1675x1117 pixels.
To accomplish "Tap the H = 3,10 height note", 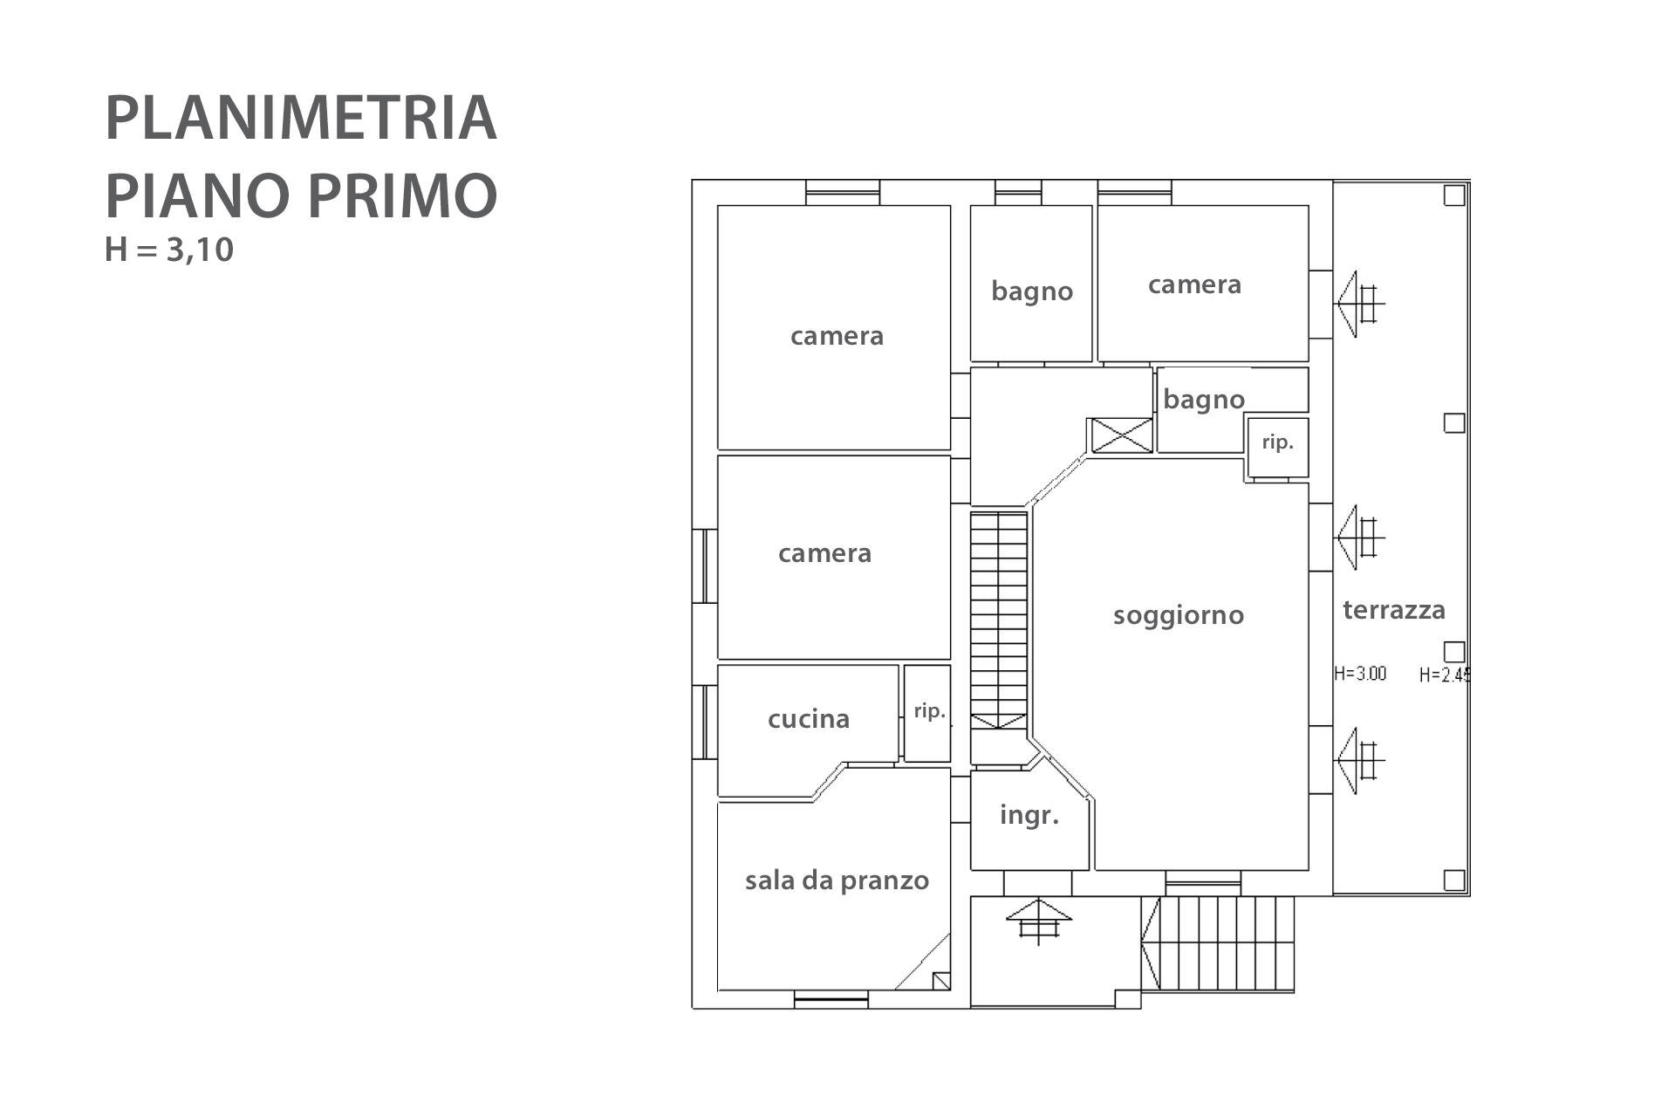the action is point(169,250).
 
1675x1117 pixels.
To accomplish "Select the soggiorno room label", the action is point(1179,616).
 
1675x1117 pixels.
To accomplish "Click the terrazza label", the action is point(1394,609).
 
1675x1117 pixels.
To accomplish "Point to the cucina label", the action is point(809,719).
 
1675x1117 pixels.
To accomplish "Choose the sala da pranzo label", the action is point(837,881).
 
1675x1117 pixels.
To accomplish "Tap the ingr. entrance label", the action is point(1029,816).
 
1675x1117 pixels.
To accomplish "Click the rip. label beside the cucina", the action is point(930,711).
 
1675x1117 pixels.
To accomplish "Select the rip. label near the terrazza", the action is point(1278,442).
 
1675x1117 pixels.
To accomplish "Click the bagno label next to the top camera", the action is point(1032,291).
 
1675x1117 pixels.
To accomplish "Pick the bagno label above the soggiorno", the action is point(1204,400).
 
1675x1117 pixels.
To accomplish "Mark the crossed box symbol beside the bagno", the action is point(1122,435).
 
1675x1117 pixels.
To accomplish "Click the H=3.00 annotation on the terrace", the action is point(1360,674).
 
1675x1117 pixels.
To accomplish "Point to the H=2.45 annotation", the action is point(1445,675).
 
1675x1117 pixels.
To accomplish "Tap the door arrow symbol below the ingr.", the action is point(1038,922).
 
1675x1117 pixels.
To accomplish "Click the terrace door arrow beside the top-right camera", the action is point(1359,304).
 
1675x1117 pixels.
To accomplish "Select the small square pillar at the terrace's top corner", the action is point(1454,195).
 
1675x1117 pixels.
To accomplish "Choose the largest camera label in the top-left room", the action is point(837,336).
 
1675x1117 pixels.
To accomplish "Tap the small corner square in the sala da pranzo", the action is point(941,981).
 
